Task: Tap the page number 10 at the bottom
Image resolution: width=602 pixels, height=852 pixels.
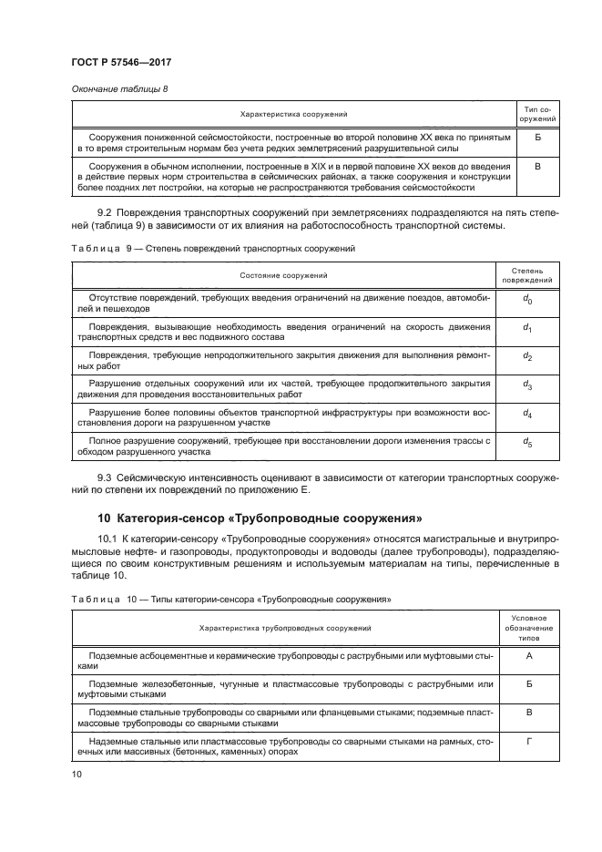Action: (x=77, y=774)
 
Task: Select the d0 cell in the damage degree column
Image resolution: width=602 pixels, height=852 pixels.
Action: (x=527, y=302)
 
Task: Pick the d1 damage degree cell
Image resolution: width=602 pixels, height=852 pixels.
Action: (x=527, y=328)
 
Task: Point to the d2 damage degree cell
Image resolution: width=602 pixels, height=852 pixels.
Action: (x=527, y=356)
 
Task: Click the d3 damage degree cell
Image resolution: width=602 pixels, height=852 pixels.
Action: (x=527, y=385)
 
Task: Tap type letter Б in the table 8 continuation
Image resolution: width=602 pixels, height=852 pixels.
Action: (x=536, y=139)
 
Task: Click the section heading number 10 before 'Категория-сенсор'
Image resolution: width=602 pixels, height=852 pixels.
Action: (x=103, y=519)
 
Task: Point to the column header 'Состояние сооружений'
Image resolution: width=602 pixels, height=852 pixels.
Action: (x=283, y=275)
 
